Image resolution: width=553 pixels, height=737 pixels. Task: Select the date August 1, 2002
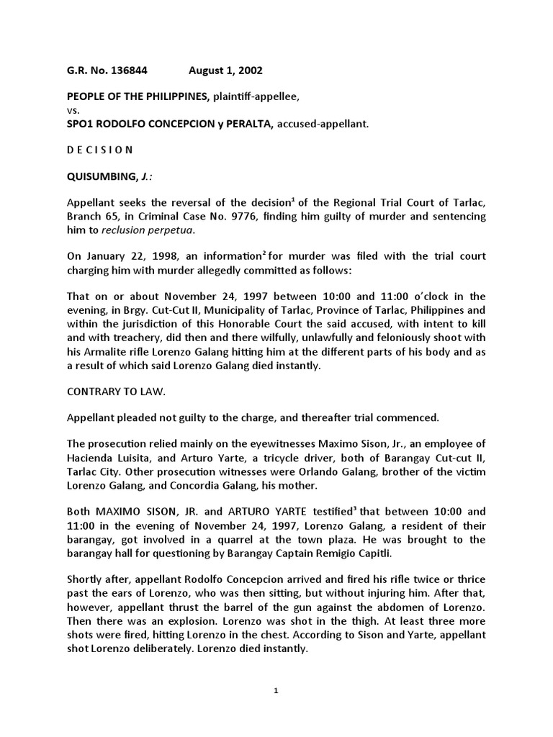[225, 71]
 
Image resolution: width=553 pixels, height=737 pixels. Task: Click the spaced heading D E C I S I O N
[100, 150]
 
